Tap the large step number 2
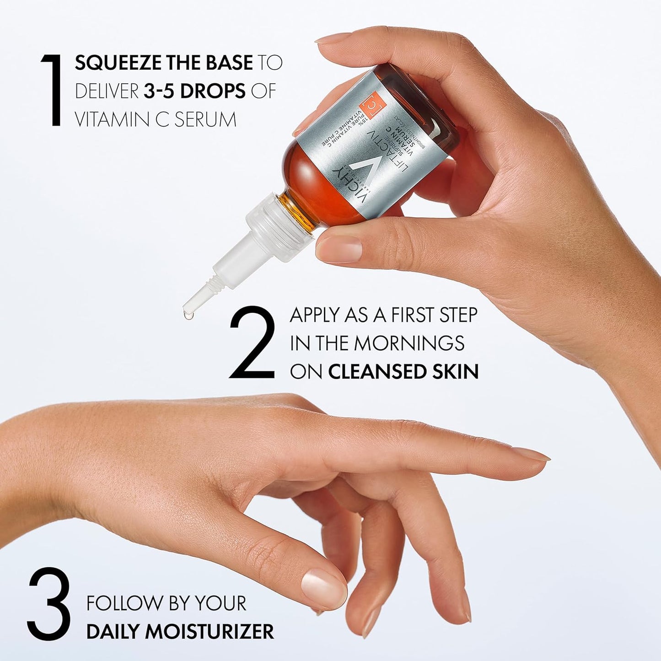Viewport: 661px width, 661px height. point(252,343)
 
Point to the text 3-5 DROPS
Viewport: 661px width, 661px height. point(194,91)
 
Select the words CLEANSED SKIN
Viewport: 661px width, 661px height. point(403,372)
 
